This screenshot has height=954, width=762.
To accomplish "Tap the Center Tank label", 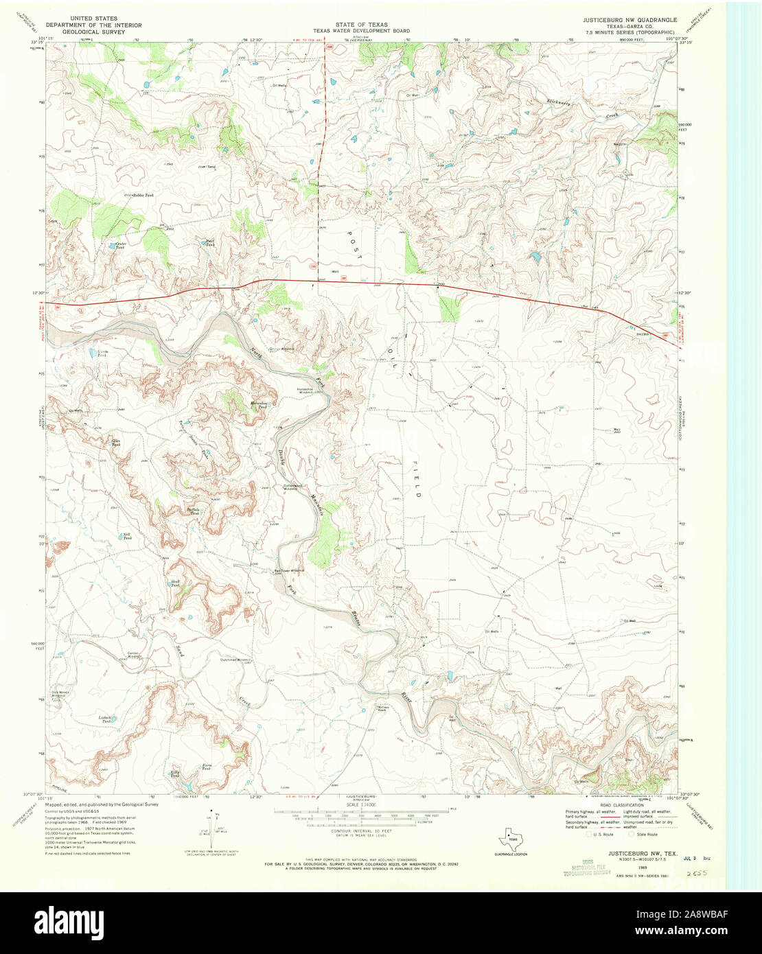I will (x=121, y=245).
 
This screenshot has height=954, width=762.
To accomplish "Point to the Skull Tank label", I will (x=175, y=583).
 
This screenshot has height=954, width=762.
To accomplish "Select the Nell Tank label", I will (x=127, y=536).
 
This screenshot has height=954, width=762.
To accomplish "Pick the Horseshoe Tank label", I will (x=258, y=405).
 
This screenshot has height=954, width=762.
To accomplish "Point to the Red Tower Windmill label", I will (x=288, y=570).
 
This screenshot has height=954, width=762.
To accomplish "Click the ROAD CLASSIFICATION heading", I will (x=605, y=805).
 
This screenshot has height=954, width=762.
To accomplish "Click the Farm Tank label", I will (x=206, y=767).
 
